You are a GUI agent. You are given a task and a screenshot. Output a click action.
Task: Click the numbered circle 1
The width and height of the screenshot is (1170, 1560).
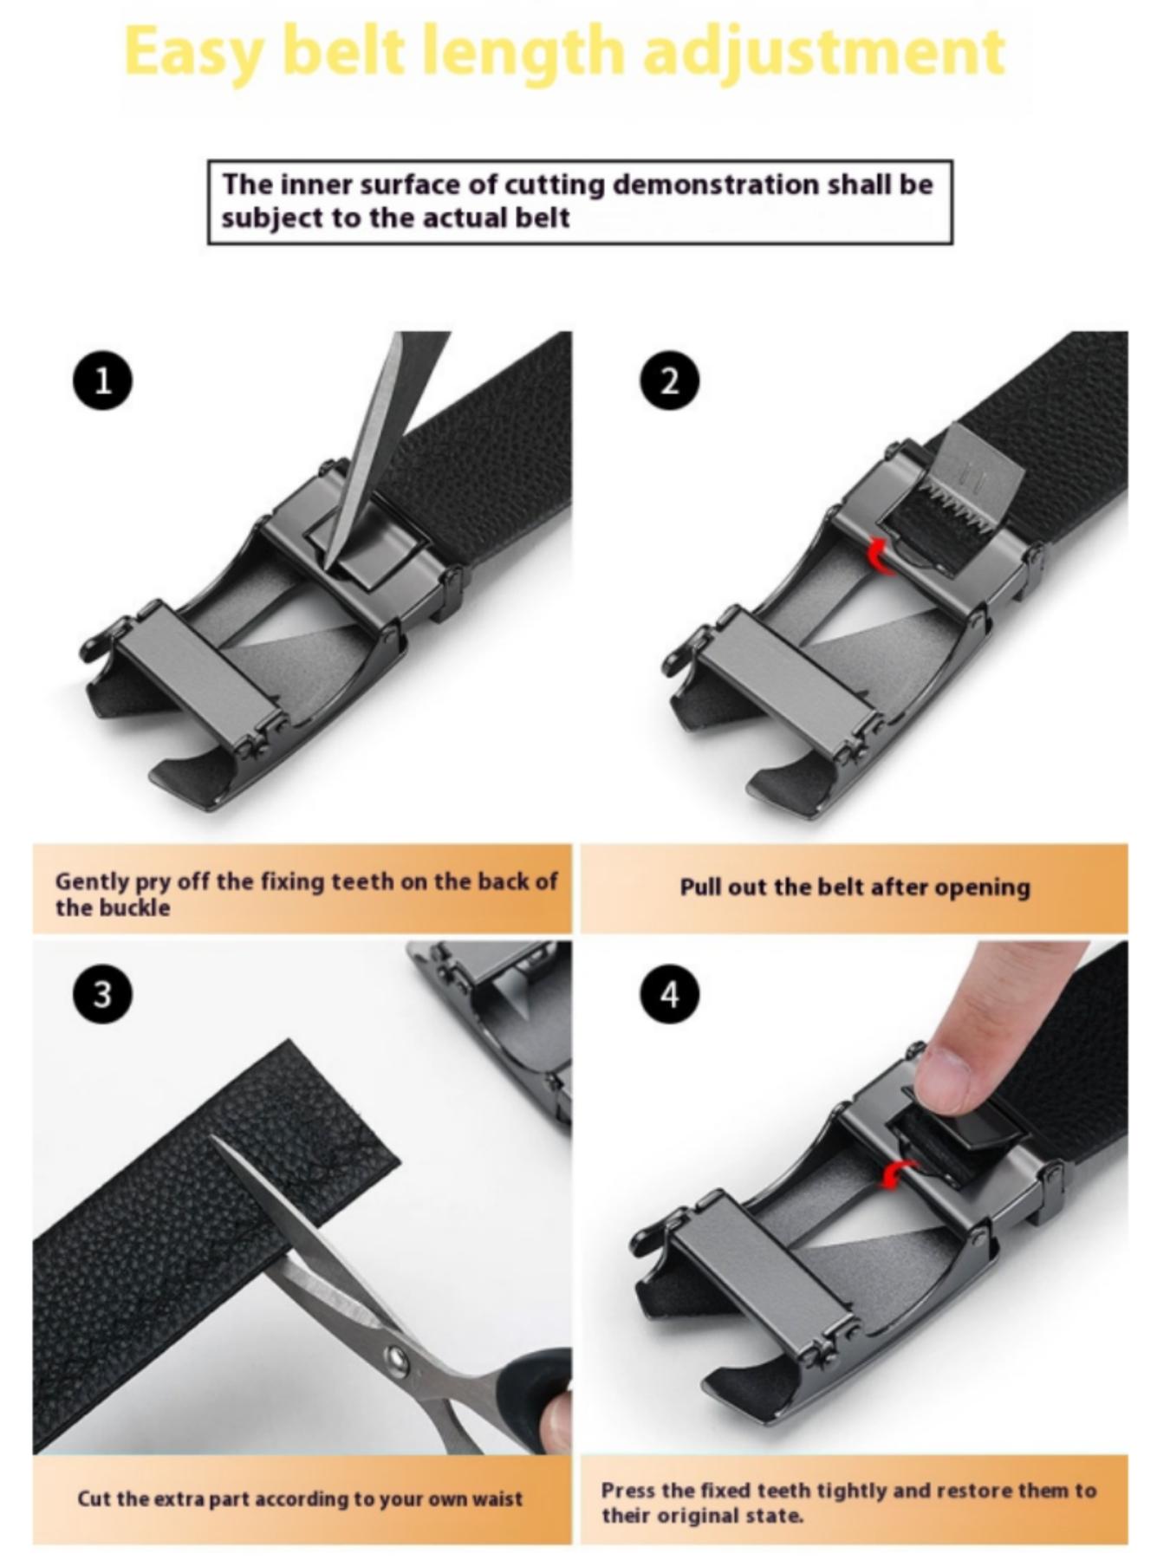point(102,380)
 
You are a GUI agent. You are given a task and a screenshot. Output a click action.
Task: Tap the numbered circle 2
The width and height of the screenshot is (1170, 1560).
point(669,380)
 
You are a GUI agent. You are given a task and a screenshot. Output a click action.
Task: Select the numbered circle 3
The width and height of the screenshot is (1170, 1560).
point(102,993)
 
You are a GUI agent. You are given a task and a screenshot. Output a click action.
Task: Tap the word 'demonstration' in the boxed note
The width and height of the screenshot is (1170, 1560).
point(716,185)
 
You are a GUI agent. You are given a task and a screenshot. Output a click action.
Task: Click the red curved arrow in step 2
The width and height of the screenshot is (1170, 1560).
point(881,556)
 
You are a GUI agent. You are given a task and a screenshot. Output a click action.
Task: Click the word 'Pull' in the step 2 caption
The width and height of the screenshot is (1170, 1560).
point(699,887)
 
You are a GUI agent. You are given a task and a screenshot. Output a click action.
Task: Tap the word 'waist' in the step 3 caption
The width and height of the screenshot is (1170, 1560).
point(497,1498)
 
